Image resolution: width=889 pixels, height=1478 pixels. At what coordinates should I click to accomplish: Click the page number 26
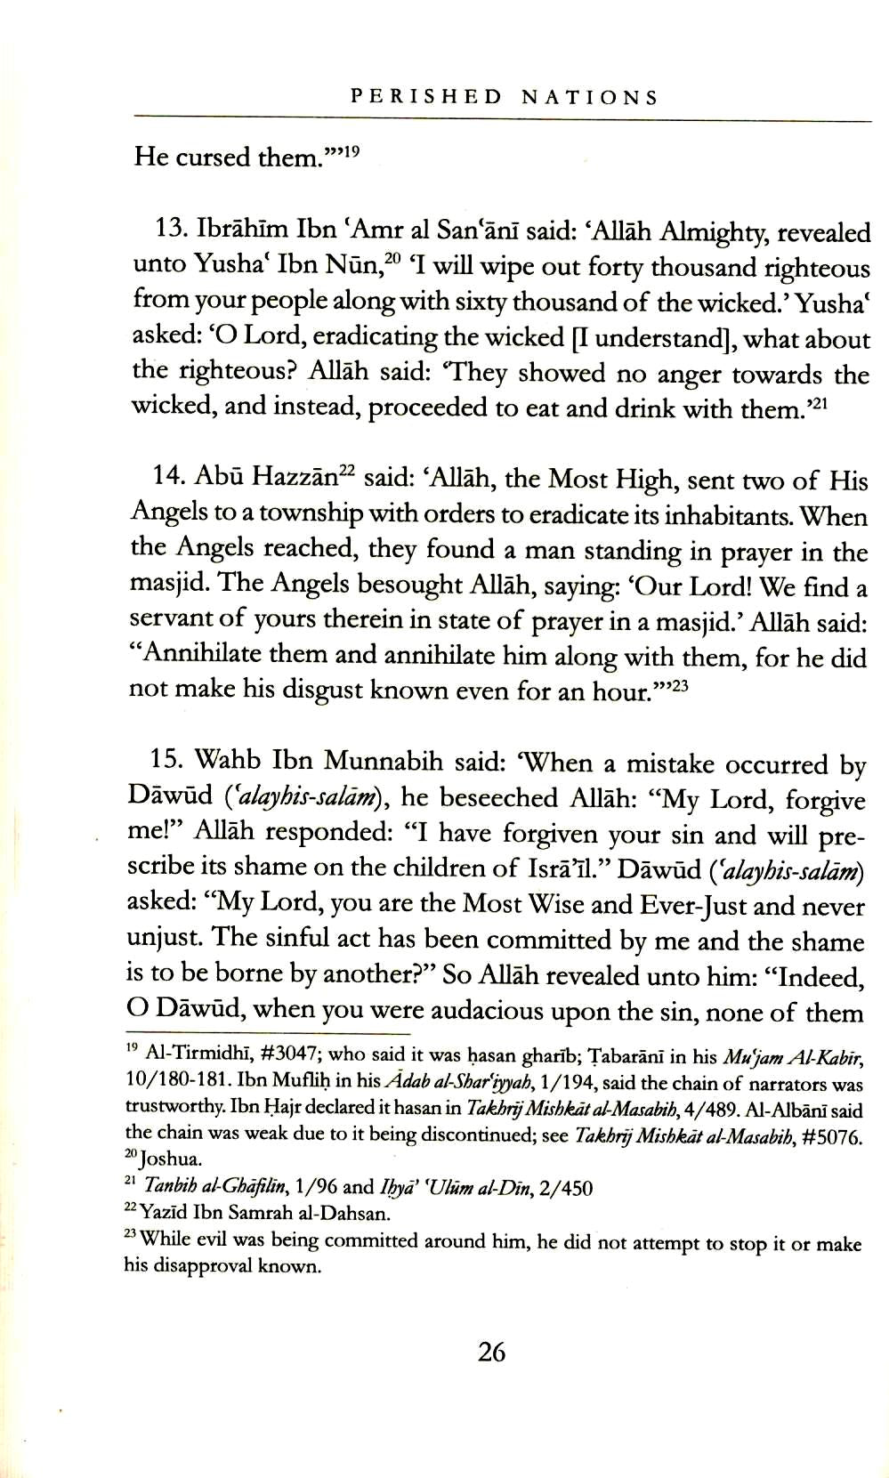(x=491, y=1353)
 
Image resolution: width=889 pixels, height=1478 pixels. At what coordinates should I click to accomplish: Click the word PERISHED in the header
(x=426, y=97)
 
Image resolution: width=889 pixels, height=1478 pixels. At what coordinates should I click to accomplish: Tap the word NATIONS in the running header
(x=589, y=97)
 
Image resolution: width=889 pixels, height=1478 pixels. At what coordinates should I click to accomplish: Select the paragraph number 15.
(x=166, y=763)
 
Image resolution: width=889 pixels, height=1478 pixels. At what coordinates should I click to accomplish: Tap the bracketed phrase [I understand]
(x=653, y=338)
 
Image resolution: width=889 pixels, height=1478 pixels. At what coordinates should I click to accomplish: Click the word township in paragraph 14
(x=295, y=514)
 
